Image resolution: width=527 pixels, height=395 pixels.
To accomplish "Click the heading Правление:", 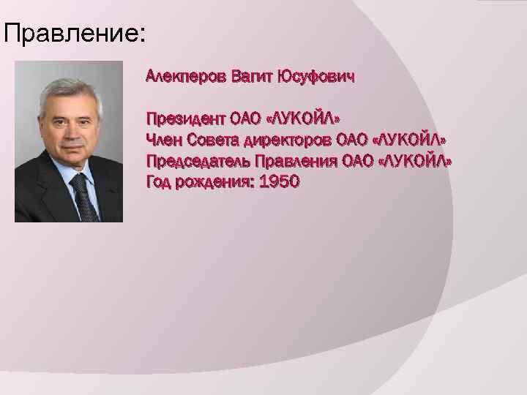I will (74, 33).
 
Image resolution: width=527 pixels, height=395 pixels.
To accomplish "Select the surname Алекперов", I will (186, 75).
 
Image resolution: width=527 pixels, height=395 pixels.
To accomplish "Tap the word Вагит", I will (251, 75).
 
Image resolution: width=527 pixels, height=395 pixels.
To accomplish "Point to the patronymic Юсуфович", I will (315, 75).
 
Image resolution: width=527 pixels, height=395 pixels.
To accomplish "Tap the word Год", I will (160, 181).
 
